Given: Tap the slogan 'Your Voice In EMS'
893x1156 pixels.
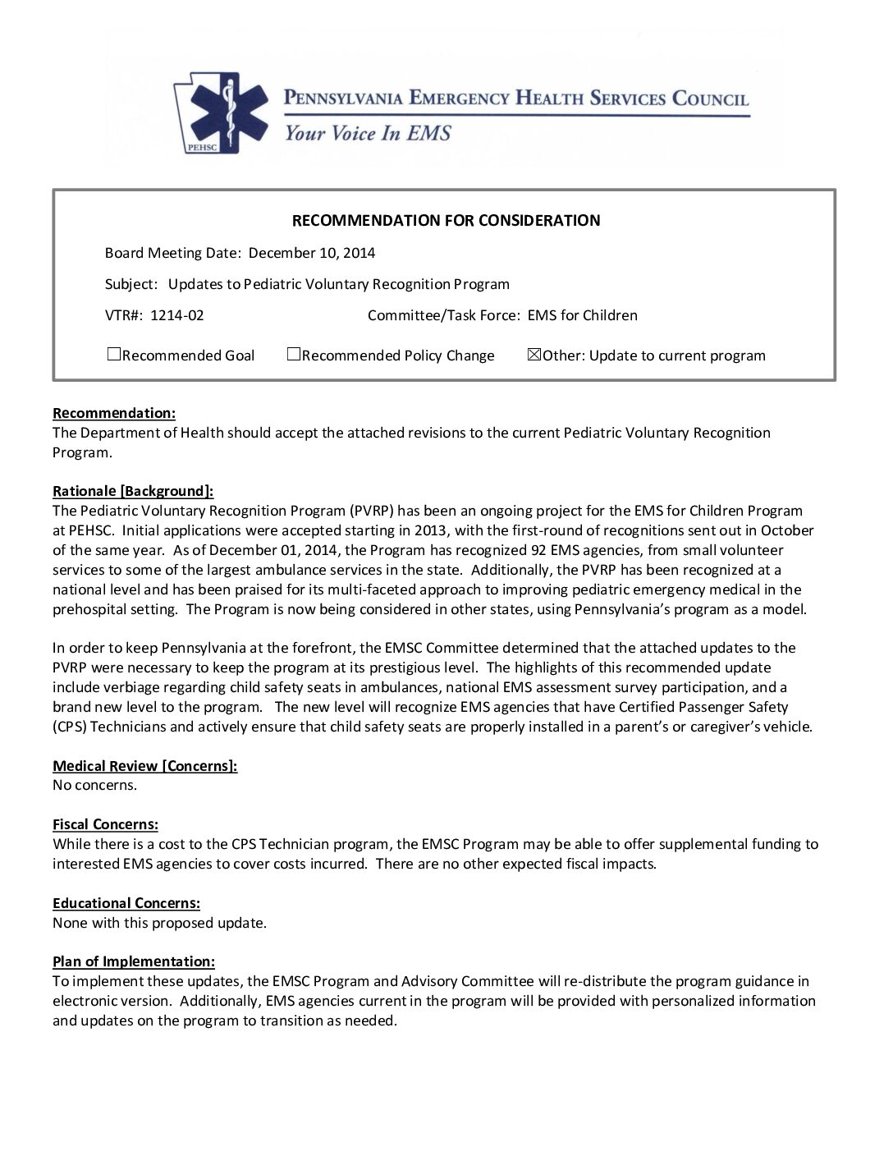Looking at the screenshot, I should (367, 133).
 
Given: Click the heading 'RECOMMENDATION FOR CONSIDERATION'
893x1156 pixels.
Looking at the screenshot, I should (446, 220).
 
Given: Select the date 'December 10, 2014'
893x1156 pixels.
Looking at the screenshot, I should (312, 253).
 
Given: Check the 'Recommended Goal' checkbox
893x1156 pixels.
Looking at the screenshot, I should (114, 355).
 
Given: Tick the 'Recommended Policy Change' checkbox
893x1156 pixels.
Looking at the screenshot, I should (294, 355).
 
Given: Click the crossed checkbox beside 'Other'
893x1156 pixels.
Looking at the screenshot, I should (534, 355).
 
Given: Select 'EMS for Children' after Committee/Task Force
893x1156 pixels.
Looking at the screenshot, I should (582, 315).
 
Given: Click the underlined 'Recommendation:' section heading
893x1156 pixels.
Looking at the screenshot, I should (114, 413).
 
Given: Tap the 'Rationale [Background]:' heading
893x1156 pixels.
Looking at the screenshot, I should (133, 491).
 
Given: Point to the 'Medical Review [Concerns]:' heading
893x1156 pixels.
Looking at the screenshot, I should (145, 766).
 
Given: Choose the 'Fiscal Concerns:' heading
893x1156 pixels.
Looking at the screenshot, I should (105, 824).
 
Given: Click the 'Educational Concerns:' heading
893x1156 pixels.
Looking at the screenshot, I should (126, 903).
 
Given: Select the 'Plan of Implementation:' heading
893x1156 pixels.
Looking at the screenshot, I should (134, 961).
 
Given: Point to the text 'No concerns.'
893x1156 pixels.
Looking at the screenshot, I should (95, 785).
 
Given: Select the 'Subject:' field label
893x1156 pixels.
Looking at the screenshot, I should (131, 284).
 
